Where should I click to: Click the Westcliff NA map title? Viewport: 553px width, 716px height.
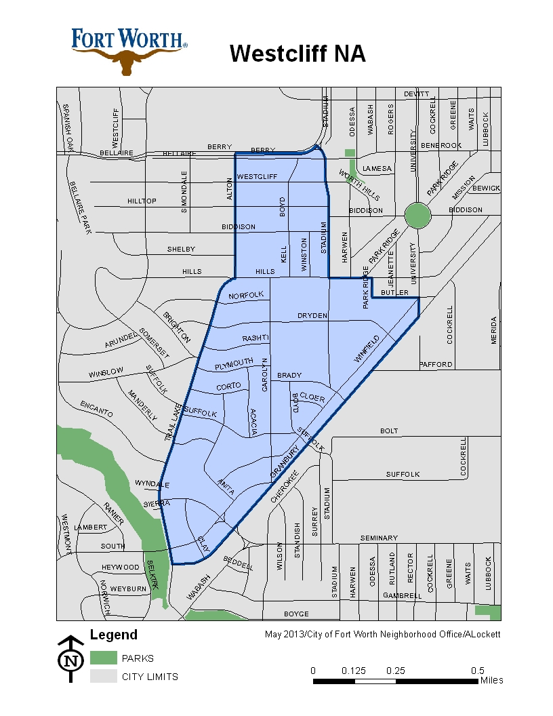298,54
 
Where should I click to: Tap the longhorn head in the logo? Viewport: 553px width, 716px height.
129,61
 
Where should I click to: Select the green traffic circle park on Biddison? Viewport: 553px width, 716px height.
417,216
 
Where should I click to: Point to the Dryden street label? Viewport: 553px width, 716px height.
312,316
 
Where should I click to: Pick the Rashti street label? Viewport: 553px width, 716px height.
255,338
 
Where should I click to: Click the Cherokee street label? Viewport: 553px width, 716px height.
284,488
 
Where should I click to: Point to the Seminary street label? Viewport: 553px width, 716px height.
378,538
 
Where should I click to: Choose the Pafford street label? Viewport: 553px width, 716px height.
436,364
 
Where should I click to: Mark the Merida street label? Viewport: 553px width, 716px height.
494,330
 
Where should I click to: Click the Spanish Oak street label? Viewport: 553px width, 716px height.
67,127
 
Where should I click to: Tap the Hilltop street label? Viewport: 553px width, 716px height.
142,201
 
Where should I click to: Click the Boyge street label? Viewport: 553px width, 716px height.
296,614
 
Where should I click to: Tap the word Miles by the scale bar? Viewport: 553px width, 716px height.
491,680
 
